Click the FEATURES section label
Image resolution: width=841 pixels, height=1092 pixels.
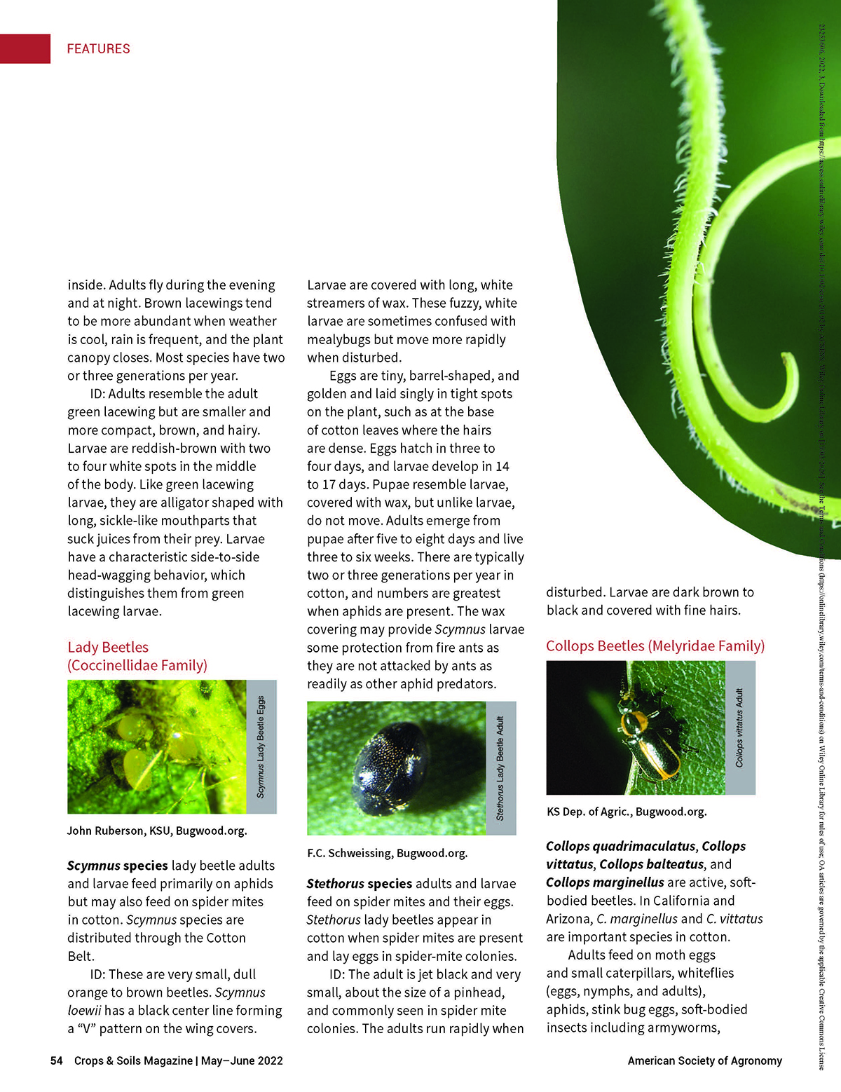pyautogui.click(x=98, y=48)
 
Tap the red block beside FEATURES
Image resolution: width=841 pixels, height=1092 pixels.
pyautogui.click(x=25, y=48)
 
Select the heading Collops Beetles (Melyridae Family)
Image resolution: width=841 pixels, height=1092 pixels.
pyautogui.click(x=655, y=646)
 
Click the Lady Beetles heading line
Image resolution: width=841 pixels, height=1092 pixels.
pyautogui.click(x=108, y=647)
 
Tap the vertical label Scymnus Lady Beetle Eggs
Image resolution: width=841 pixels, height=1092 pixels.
pyautogui.click(x=261, y=746)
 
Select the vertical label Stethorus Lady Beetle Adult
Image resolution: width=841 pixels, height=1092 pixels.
pyautogui.click(x=500, y=767)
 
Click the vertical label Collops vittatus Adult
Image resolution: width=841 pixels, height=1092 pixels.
pyautogui.click(x=739, y=728)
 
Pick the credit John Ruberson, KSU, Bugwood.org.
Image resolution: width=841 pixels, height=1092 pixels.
pyautogui.click(x=157, y=831)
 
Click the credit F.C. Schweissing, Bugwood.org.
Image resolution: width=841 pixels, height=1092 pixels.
pyautogui.click(x=387, y=853)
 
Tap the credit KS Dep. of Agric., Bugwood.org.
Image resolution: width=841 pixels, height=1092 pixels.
pyautogui.click(x=627, y=812)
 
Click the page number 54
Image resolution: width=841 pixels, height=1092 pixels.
pyautogui.click(x=56, y=1060)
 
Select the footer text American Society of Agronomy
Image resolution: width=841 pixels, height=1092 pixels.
pyautogui.click(x=704, y=1060)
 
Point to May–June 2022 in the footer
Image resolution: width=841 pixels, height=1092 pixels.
pyautogui.click(x=242, y=1060)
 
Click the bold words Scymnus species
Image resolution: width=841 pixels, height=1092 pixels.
pyautogui.click(x=117, y=866)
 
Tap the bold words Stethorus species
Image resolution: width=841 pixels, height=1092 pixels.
pyautogui.click(x=359, y=884)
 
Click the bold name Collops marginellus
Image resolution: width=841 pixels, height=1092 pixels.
pyautogui.click(x=605, y=882)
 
